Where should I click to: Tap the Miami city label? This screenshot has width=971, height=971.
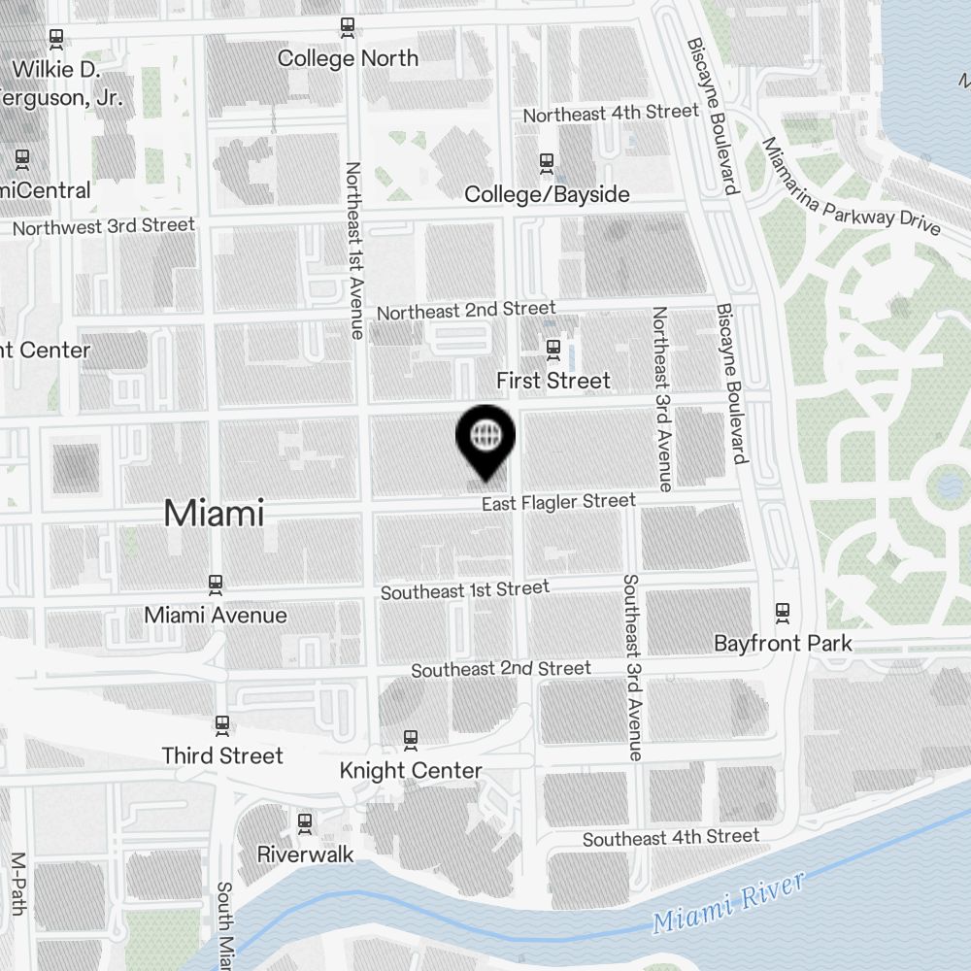[x=214, y=513]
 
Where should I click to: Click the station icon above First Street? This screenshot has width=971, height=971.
[x=553, y=348]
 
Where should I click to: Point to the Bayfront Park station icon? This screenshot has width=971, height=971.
[x=783, y=612]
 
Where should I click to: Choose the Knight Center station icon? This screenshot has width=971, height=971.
[x=411, y=740]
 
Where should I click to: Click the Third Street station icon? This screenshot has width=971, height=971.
[x=222, y=724]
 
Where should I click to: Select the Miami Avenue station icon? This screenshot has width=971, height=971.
[x=216, y=584]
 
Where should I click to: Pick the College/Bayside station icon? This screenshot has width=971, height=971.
[x=547, y=162]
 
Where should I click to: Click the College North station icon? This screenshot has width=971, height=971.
[x=348, y=27]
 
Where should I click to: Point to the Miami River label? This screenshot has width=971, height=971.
[x=728, y=903]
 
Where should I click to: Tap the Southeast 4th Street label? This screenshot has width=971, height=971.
[x=671, y=837]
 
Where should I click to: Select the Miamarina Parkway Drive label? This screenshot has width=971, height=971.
[x=851, y=186]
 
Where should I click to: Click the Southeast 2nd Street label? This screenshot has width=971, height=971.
[x=501, y=669]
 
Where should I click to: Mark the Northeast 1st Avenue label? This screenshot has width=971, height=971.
[x=354, y=250]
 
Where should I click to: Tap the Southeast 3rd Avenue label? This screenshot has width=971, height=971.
[x=632, y=667]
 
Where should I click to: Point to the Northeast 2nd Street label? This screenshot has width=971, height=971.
[x=466, y=311]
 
